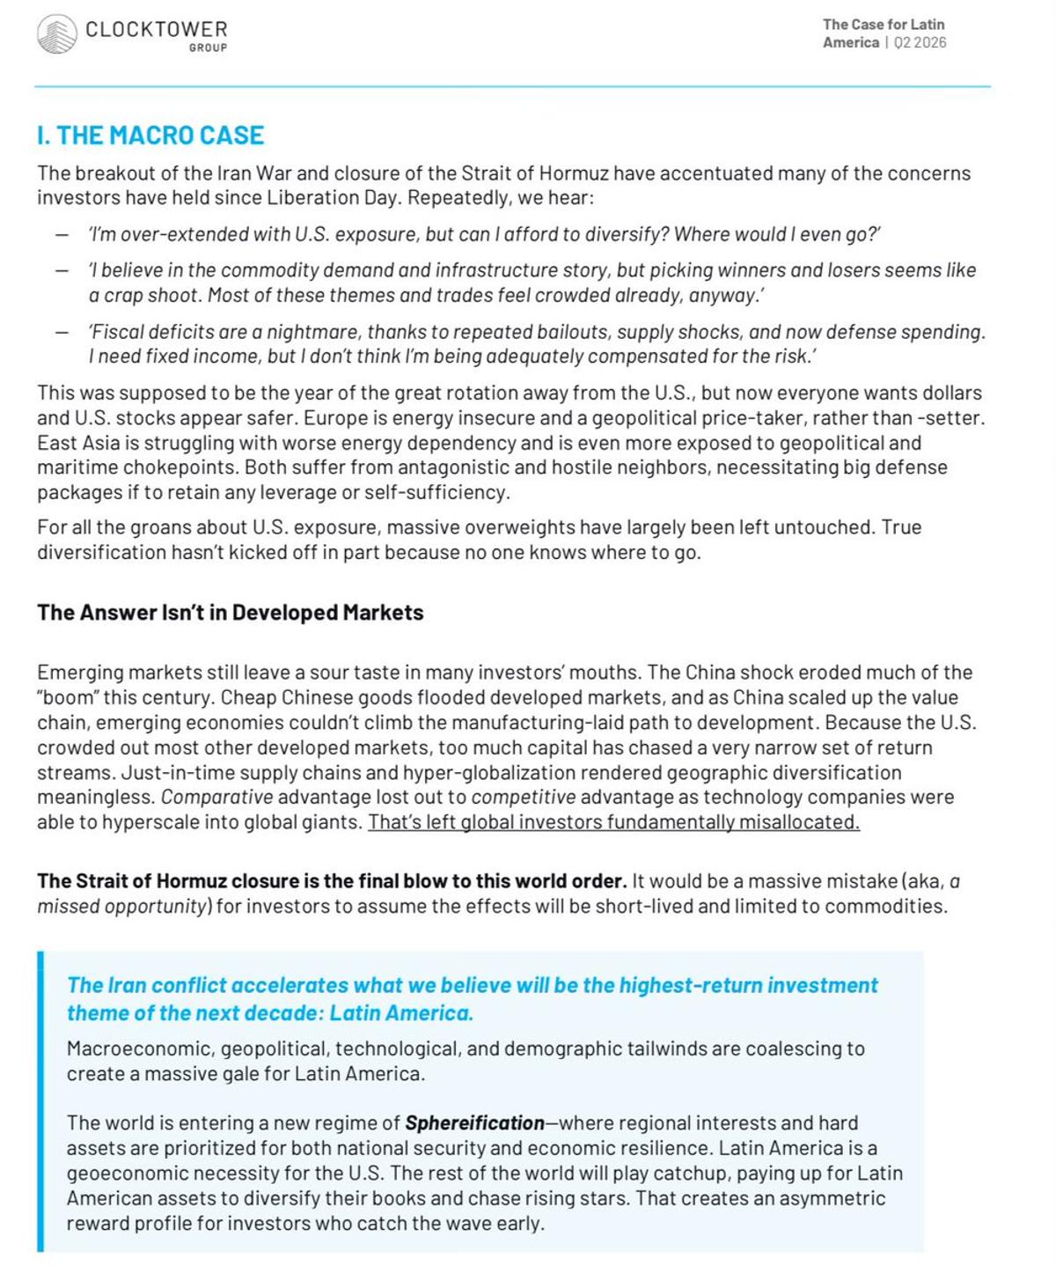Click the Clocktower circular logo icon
click(x=57, y=34)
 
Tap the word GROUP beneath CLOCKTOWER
click(x=208, y=48)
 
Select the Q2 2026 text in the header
click(x=920, y=42)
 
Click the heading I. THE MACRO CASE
click(x=150, y=136)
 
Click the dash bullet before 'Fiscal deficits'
click(x=62, y=333)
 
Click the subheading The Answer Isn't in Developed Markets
click(x=231, y=613)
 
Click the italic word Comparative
click(x=216, y=798)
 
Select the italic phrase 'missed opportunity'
click(x=121, y=907)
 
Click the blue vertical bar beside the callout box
click(x=40, y=1101)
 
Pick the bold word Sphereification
click(x=474, y=1123)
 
